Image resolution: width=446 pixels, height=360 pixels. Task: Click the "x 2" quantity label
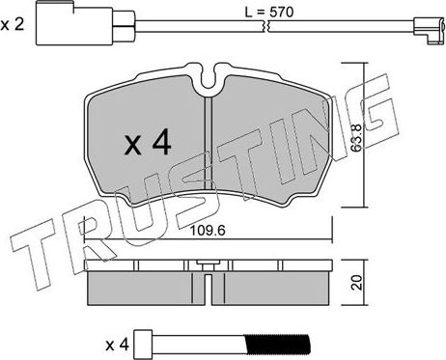(x=14, y=25)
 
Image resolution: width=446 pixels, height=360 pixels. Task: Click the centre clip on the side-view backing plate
(x=208, y=266)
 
